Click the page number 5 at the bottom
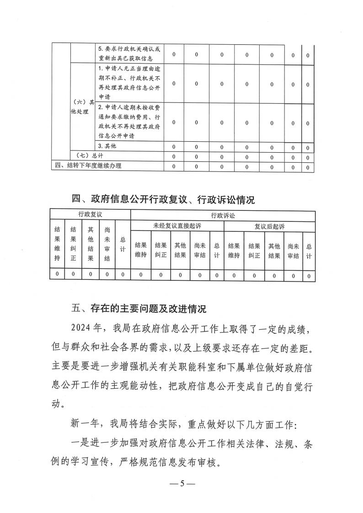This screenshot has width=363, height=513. [x=181, y=484]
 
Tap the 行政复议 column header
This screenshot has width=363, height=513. [x=90, y=214]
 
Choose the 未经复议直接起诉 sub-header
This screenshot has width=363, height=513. [x=177, y=226]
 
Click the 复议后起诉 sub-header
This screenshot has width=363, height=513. [x=269, y=226]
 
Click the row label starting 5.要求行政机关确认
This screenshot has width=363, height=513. [x=129, y=53]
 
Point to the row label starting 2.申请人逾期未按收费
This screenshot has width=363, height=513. [x=129, y=122]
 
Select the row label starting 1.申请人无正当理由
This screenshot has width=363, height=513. [x=129, y=83]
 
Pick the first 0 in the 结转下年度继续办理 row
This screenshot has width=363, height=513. [x=174, y=166]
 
